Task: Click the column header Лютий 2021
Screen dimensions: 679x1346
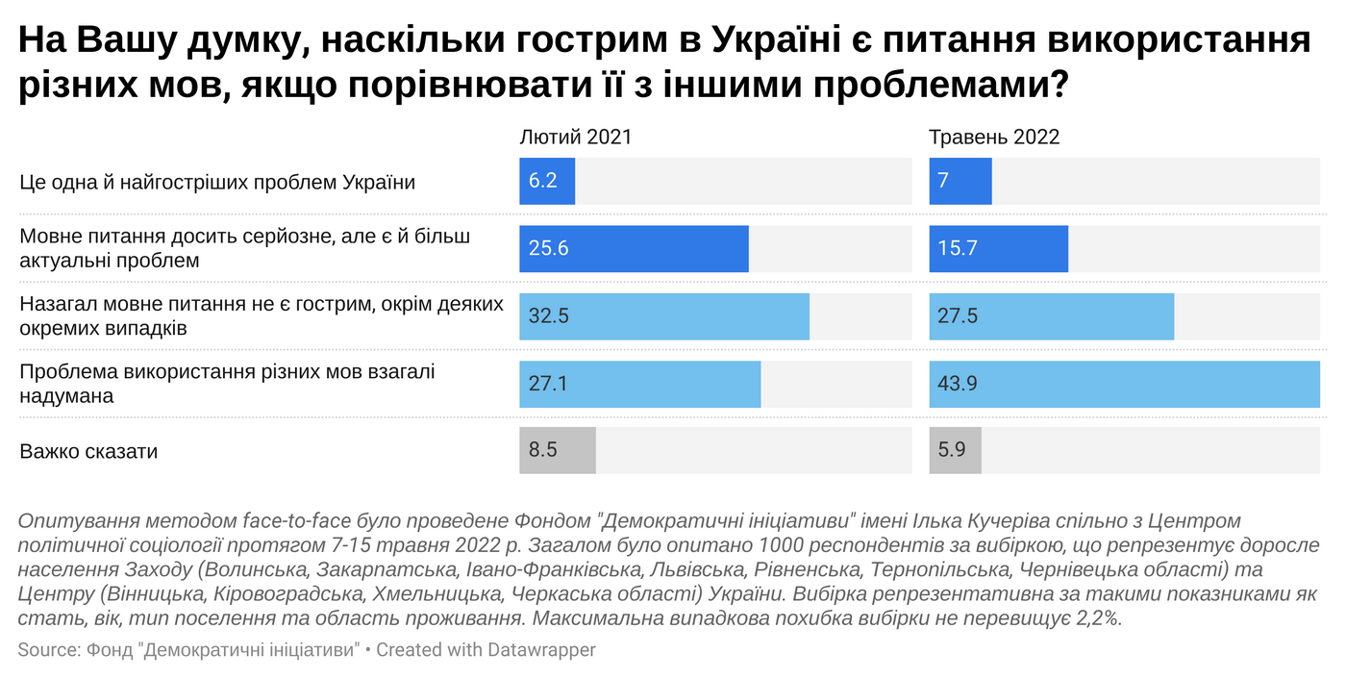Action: pyautogui.click(x=575, y=137)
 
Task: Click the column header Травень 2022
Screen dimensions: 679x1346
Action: pyautogui.click(x=993, y=137)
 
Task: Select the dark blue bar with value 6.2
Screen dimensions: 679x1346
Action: pyautogui.click(x=547, y=181)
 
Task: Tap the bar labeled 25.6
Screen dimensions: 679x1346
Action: pyautogui.click(x=634, y=248)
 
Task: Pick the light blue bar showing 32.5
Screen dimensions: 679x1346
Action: pyautogui.click(x=663, y=315)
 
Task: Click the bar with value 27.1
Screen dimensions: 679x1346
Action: pyautogui.click(x=639, y=384)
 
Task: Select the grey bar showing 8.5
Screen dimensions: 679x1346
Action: pyautogui.click(x=558, y=450)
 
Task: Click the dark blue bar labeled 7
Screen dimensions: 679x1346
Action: pyautogui.click(x=960, y=181)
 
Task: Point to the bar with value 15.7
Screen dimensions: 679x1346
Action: pyautogui.click(x=998, y=248)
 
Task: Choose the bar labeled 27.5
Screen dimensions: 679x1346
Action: pyautogui.click(x=1051, y=315)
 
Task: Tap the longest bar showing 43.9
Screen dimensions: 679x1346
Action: pyautogui.click(x=1124, y=384)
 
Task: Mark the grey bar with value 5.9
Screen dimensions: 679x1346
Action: pyautogui.click(x=955, y=450)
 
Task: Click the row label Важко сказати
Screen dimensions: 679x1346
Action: pyautogui.click(x=88, y=451)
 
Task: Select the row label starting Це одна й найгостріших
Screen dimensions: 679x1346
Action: pyautogui.click(x=217, y=182)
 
